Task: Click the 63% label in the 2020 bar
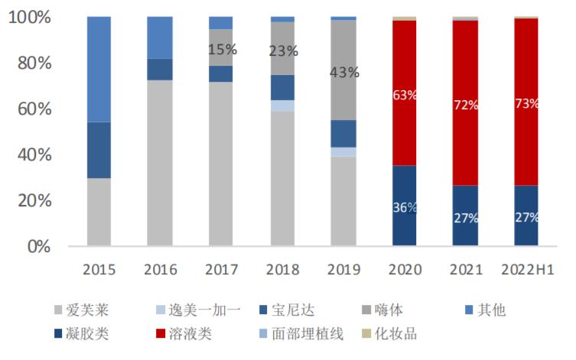coord(405,96)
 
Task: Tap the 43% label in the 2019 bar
coord(343,73)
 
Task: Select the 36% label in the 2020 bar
coord(405,208)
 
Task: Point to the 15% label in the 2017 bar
coord(222,50)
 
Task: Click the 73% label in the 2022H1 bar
coord(526,104)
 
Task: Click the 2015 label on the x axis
coord(99,270)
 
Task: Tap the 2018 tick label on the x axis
coord(282,270)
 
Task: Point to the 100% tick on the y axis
coord(30,17)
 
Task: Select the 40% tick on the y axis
coord(34,155)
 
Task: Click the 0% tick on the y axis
coord(37,247)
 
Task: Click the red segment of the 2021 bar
coord(465,99)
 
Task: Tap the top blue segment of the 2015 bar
coord(99,69)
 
